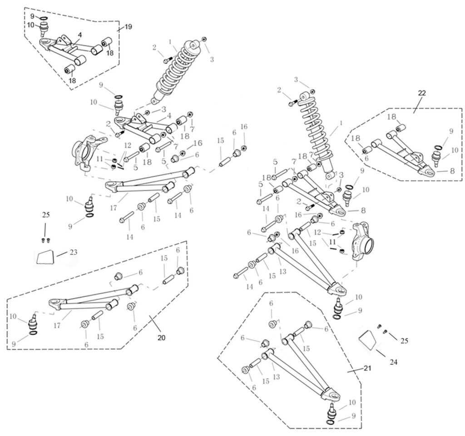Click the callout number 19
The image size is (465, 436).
(128, 27)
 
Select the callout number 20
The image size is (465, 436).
(161, 337)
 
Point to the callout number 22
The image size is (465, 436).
(422, 93)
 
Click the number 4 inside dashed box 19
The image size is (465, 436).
(80, 35)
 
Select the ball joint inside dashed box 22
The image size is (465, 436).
(435, 158)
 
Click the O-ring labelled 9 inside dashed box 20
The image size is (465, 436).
(33, 334)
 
